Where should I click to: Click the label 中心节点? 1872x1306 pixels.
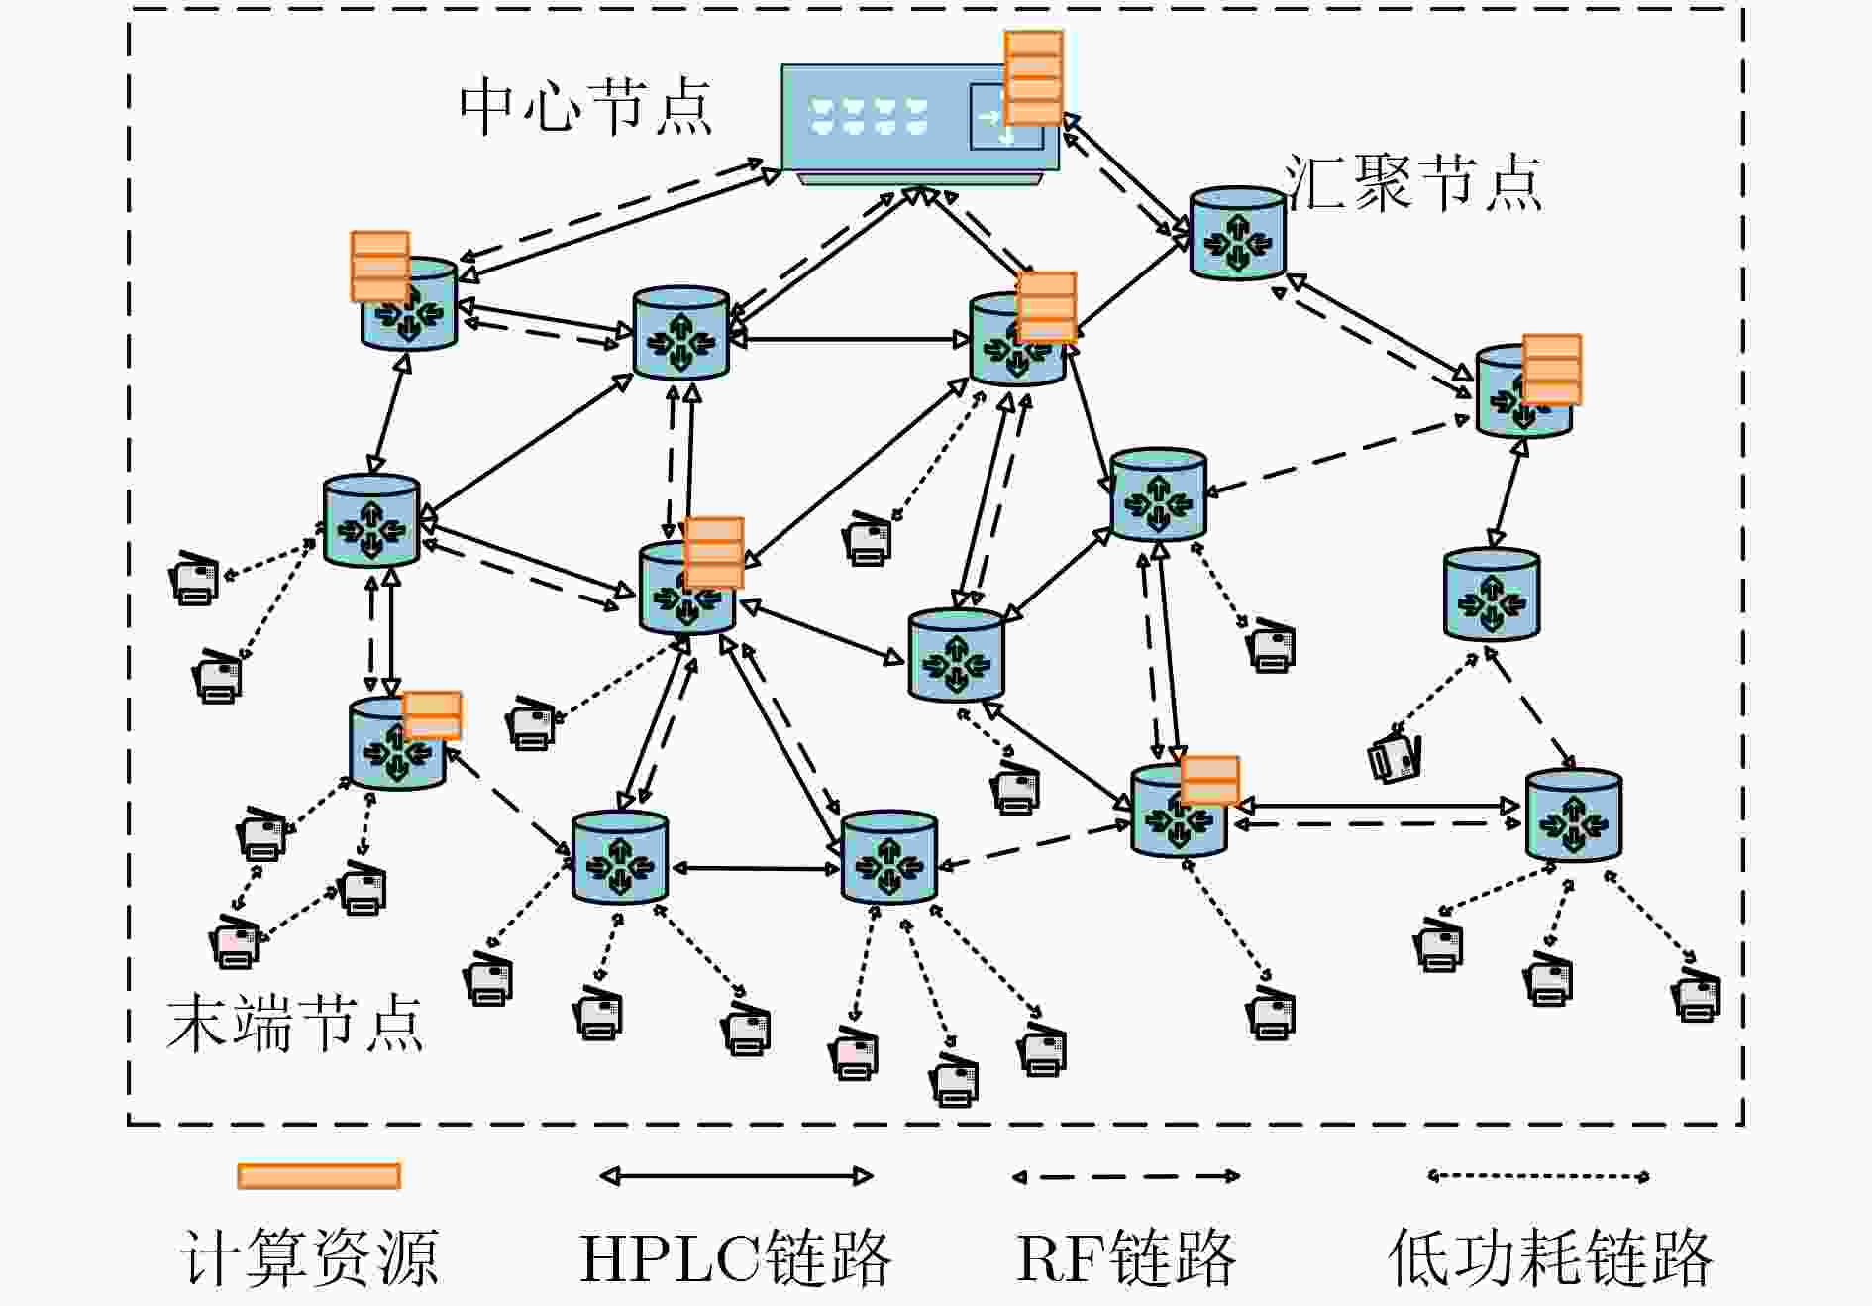click(585, 106)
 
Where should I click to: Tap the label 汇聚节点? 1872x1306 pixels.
click(1413, 183)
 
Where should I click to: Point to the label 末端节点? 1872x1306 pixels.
click(295, 1023)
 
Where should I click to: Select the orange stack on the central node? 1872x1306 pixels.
click(1033, 78)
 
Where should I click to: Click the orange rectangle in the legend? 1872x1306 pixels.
click(319, 1176)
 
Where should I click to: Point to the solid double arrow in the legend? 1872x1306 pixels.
click(736, 1176)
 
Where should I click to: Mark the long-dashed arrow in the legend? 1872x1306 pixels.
click(1126, 1176)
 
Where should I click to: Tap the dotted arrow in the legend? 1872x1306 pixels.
click(1538, 1176)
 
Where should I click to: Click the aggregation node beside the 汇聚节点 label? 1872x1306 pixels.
click(1237, 234)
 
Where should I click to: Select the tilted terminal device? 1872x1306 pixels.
click(1395, 759)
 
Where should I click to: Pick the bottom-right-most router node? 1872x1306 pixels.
click(1574, 815)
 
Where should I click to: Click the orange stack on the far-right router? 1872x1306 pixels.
click(1551, 370)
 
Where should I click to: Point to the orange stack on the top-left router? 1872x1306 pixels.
click(379, 266)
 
